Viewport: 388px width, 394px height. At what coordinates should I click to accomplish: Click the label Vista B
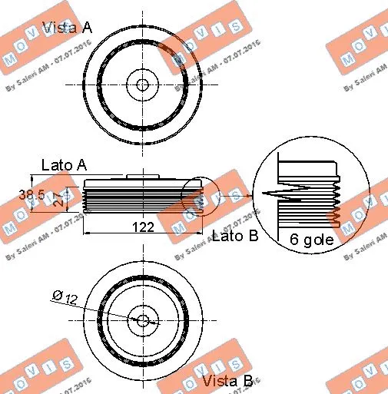(x=227, y=380)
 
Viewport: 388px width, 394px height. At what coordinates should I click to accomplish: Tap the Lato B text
(x=234, y=236)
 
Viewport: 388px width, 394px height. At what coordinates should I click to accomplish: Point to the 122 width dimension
(x=143, y=227)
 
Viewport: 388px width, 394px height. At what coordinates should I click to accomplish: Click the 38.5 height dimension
(x=32, y=196)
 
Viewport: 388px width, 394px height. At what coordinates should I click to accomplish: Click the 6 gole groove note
(x=311, y=239)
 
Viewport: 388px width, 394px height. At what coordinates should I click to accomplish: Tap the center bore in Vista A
(x=142, y=84)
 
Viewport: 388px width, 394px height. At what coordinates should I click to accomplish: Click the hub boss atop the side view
(x=142, y=177)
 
